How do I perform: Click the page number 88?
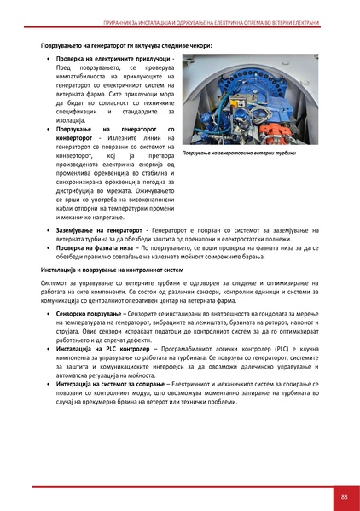(x=343, y=497)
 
